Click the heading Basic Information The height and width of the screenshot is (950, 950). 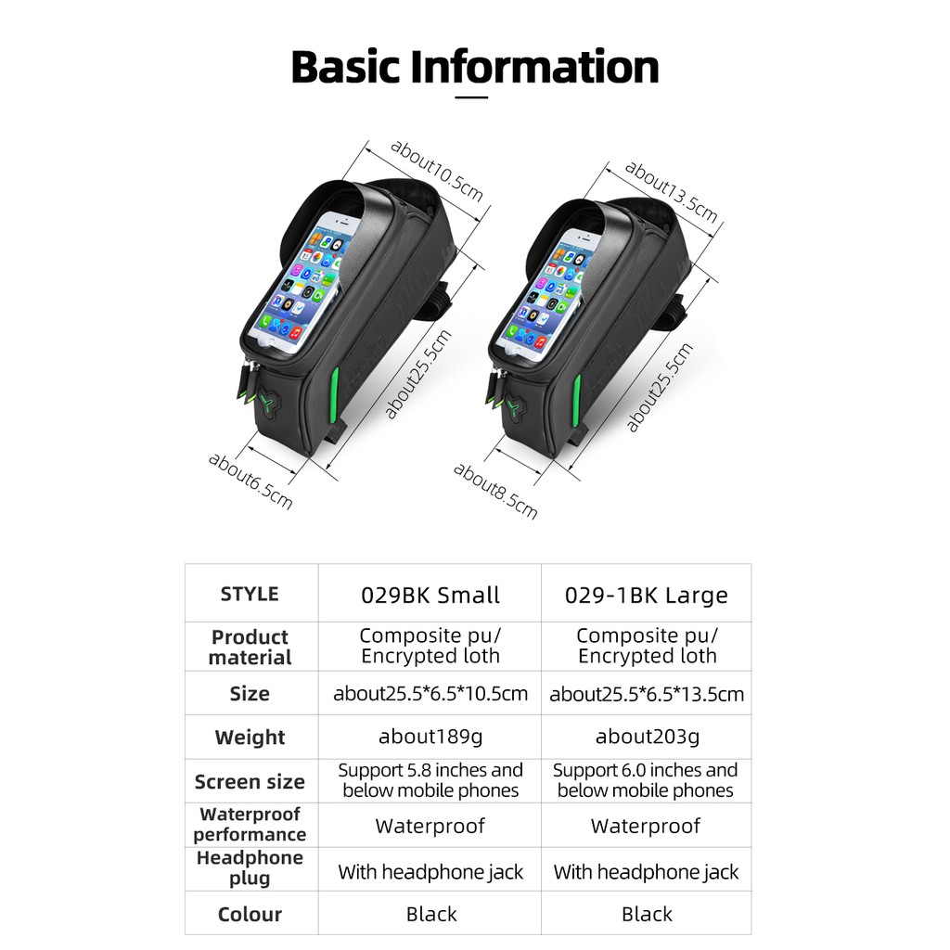475,67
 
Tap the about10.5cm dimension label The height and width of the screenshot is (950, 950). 436,169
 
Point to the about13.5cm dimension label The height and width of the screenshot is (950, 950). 671,191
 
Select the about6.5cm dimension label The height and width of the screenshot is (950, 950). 250,480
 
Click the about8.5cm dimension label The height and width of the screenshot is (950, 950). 495,490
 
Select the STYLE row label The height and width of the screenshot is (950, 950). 250,594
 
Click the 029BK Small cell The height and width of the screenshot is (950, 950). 430,595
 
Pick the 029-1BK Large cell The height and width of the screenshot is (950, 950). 646,595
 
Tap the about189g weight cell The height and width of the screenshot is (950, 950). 430,737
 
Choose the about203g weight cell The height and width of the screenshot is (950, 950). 647,737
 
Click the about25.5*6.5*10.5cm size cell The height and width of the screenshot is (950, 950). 430,693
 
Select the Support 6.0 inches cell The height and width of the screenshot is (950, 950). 646,780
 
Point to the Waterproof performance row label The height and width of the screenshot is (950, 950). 250,824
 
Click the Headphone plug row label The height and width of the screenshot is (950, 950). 250,867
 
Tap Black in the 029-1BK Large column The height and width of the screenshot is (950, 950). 647,915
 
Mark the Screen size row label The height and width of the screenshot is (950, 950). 250,781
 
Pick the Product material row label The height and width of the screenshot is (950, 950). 250,647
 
